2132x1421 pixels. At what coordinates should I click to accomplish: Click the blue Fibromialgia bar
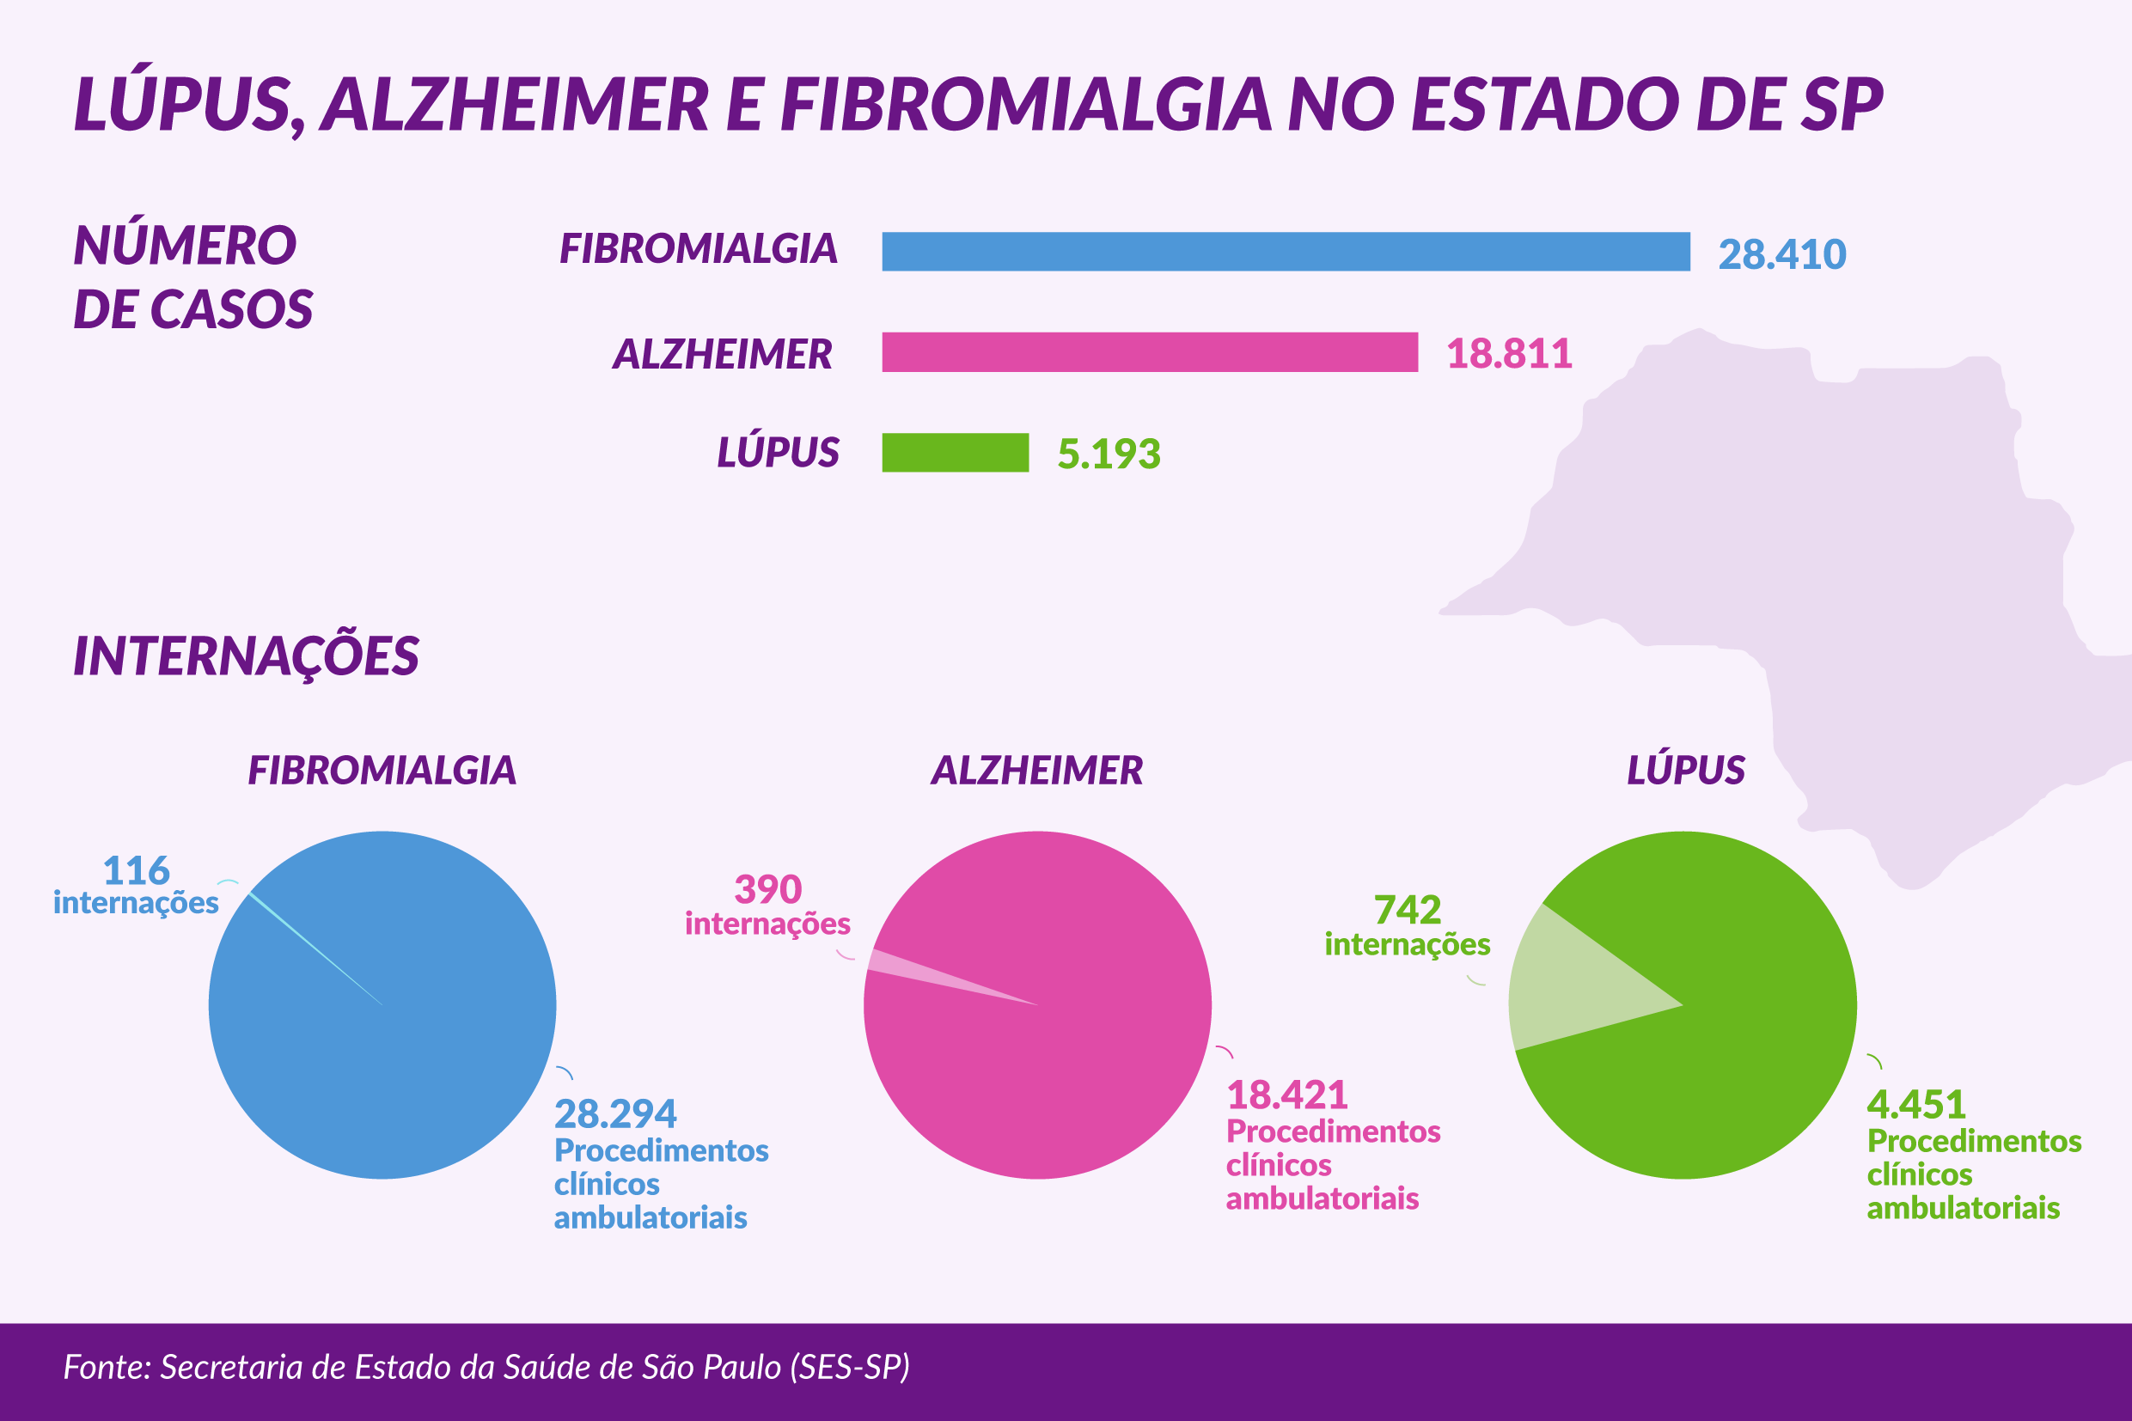[x=1286, y=251]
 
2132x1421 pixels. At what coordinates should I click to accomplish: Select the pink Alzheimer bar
[x=1150, y=351]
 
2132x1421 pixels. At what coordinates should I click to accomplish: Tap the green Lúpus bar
[x=955, y=452]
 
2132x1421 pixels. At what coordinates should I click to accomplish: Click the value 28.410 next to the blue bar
[x=1781, y=254]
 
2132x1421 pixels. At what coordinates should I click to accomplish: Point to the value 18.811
[x=1508, y=353]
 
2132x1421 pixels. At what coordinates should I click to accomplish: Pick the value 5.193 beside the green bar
[x=1108, y=454]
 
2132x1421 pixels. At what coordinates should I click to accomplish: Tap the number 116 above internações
[x=136, y=871]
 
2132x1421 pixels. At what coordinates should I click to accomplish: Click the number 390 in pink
[x=767, y=890]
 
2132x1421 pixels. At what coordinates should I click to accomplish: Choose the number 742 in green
[x=1407, y=910]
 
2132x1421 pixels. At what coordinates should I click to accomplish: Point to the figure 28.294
[x=614, y=1114]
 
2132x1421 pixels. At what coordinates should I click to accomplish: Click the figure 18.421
[x=1286, y=1095]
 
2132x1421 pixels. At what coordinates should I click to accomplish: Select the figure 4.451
[x=1915, y=1105]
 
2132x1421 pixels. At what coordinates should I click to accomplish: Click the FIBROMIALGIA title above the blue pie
[x=382, y=771]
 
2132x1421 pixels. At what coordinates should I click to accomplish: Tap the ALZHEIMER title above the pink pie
[x=1036, y=771]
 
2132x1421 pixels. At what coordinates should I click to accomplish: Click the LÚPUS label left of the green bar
[x=778, y=451]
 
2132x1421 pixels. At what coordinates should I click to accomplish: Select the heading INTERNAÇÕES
[x=246, y=656]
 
